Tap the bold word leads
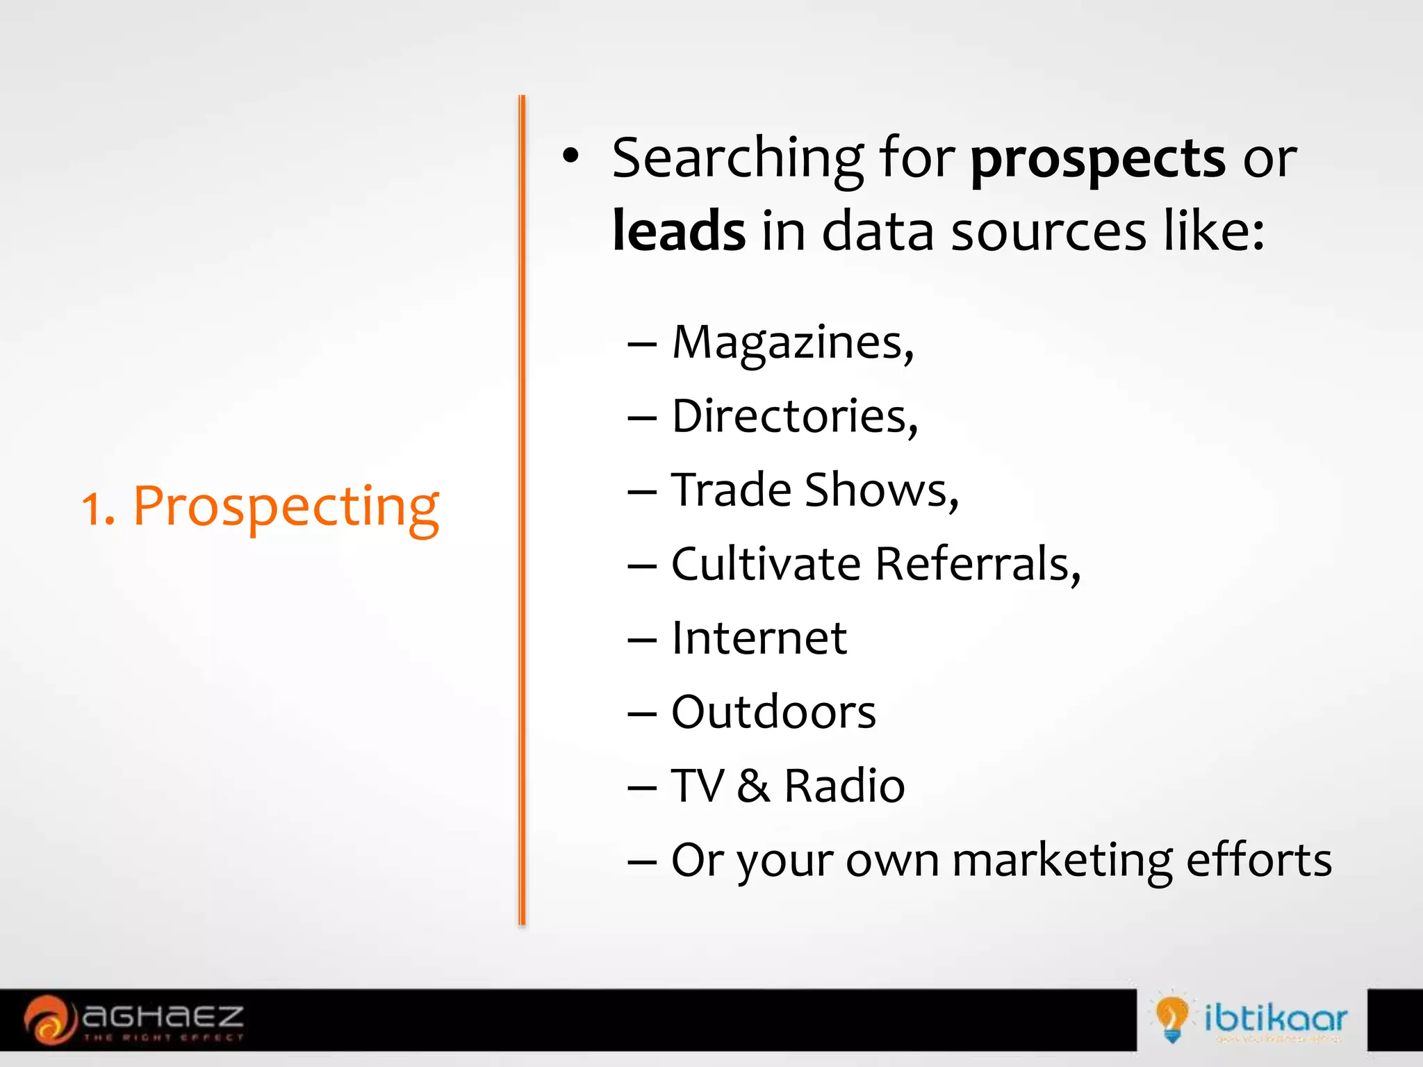coord(679,231)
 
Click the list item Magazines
coord(791,342)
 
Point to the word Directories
coord(793,416)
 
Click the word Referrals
coord(977,563)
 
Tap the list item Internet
coord(759,638)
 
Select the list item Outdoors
coord(773,712)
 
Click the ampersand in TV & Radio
coord(753,786)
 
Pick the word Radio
coord(844,786)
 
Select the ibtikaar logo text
coord(1276,1018)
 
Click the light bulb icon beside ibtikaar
coord(1171,1018)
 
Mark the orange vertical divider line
coord(522,511)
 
